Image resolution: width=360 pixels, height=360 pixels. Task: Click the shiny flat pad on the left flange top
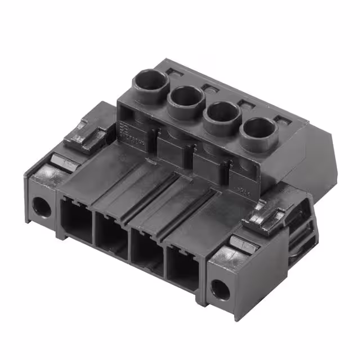[x=61, y=164]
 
